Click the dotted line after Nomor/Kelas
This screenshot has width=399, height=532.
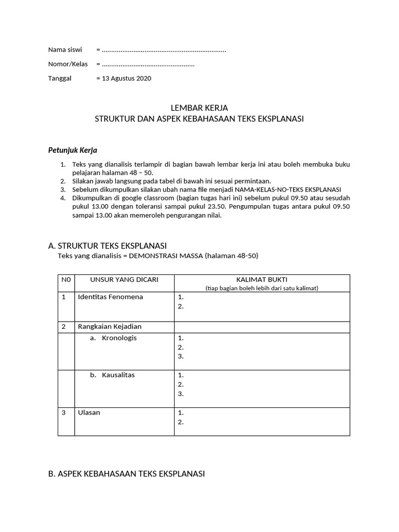(x=148, y=64)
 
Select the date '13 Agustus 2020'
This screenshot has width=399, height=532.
(x=126, y=78)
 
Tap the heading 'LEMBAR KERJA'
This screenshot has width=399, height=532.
(x=199, y=108)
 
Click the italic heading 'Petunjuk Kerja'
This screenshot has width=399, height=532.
(x=72, y=150)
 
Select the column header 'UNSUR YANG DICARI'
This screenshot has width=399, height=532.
(x=124, y=280)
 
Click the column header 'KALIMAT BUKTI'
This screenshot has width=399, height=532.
(x=262, y=280)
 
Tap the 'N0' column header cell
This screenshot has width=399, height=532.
(x=66, y=280)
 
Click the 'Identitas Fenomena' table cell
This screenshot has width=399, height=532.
(x=110, y=297)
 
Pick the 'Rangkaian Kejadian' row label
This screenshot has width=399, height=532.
(x=110, y=327)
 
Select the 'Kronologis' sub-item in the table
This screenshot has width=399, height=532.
(x=119, y=338)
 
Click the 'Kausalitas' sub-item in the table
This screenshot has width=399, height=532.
(x=118, y=375)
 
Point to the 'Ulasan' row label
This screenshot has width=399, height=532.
(x=89, y=413)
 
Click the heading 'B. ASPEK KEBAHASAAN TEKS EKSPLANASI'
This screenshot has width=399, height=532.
(x=126, y=474)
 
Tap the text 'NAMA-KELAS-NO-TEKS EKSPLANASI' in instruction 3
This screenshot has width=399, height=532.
(x=288, y=190)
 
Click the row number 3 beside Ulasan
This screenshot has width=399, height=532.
(x=63, y=413)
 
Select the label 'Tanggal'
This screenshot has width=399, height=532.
(x=60, y=78)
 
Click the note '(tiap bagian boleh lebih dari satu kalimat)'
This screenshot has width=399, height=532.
(x=262, y=288)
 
